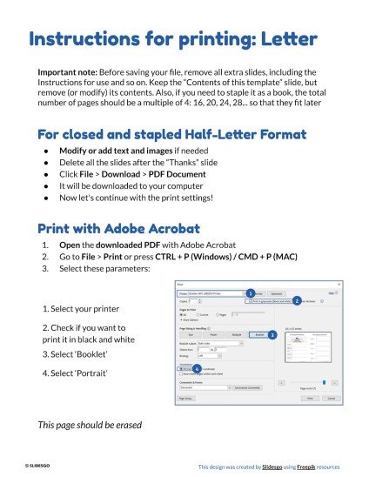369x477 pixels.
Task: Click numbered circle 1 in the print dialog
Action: tap(250, 293)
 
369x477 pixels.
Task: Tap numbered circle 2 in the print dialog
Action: tap(297, 300)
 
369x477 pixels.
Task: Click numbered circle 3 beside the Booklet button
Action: tap(272, 334)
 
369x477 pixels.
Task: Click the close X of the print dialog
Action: tap(339, 285)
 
